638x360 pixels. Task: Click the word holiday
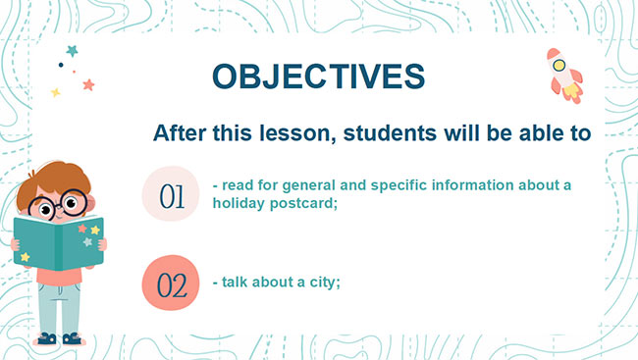coord(240,204)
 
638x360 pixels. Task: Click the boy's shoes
coord(58,339)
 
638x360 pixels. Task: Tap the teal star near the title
coord(72,50)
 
